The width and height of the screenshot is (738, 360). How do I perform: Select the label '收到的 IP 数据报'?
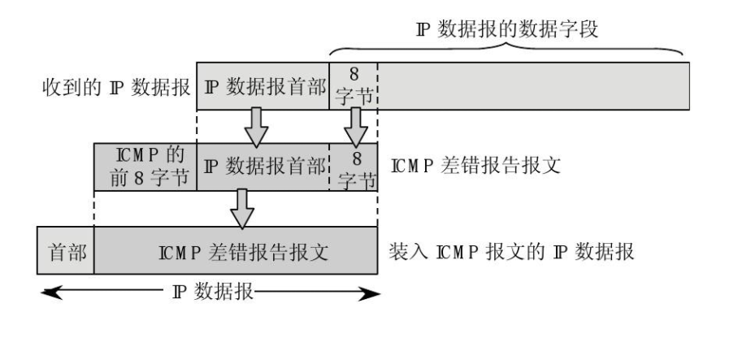pos(115,85)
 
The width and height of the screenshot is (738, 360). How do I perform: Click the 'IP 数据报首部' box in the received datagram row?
pos(262,85)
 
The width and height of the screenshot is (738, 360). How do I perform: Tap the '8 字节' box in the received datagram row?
pos(354,85)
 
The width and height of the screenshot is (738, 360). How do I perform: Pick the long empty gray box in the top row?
pos(533,85)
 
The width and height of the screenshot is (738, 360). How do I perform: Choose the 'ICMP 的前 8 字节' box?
pos(145,167)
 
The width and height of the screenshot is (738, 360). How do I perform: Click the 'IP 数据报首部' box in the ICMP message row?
pos(262,167)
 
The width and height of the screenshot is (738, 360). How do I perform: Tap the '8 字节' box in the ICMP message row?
pos(354,167)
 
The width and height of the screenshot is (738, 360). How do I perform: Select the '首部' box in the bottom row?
pos(66,250)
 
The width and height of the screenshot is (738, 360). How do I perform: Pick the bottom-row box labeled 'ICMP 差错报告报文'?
pos(236,250)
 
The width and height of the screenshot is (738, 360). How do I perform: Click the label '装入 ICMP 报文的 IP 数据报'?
pos(512,249)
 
